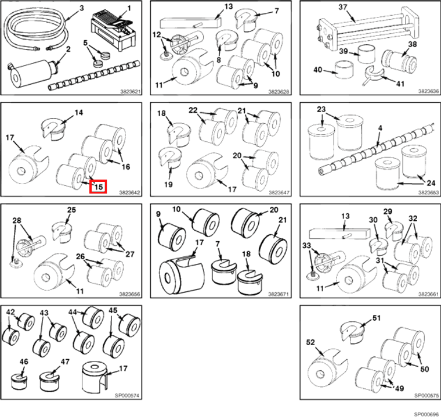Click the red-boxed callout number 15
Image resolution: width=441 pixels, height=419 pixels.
pyautogui.click(x=97, y=187)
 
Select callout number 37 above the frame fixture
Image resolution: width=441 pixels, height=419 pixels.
pyautogui.click(x=342, y=7)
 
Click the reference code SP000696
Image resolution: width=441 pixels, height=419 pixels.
pyautogui.click(x=426, y=414)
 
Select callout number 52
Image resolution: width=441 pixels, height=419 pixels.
pyautogui.click(x=310, y=343)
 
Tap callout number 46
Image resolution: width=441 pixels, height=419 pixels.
pyautogui.click(x=24, y=361)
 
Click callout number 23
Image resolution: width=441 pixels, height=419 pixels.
pyautogui.click(x=321, y=110)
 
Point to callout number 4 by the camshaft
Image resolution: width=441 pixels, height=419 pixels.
pyautogui.click(x=380, y=127)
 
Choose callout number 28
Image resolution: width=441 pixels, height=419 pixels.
pyautogui.click(x=17, y=220)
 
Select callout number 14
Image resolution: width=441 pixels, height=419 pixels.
pyautogui.click(x=78, y=112)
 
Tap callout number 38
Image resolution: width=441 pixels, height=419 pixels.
pyautogui.click(x=412, y=44)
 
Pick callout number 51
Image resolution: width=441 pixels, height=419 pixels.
pyautogui.click(x=377, y=318)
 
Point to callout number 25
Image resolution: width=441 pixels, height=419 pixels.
pyautogui.click(x=71, y=210)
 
